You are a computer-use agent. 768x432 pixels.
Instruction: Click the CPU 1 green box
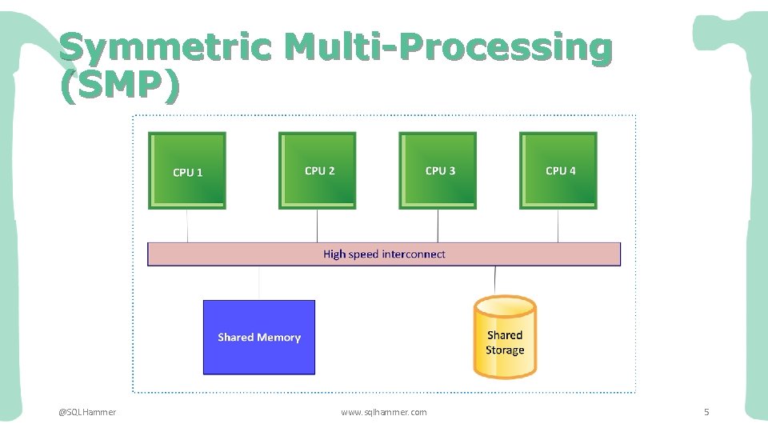(187, 170)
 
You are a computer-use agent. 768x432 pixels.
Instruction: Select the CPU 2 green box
(318, 170)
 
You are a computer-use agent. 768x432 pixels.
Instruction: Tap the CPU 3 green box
(438, 170)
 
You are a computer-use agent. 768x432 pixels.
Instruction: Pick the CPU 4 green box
(558, 170)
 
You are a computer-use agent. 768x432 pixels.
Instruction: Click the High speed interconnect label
(384, 254)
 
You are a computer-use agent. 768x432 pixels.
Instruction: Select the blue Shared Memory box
(259, 338)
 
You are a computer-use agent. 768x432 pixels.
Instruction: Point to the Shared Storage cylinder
(505, 337)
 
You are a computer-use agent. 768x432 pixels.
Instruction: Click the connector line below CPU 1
(187, 226)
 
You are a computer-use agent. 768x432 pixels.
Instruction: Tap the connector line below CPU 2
(318, 226)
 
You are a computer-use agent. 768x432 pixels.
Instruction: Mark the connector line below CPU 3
(438, 226)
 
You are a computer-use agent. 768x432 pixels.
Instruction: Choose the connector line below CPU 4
(558, 226)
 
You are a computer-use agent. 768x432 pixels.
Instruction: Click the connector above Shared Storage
(495, 280)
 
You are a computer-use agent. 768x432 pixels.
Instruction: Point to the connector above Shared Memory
(259, 283)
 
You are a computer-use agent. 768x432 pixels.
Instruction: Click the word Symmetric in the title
(166, 48)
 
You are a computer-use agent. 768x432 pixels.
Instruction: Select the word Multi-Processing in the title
(448, 48)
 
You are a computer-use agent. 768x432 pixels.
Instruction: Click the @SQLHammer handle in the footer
(87, 412)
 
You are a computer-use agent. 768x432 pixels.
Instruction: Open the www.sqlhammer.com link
(384, 412)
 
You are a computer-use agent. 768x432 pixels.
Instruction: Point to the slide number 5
(706, 412)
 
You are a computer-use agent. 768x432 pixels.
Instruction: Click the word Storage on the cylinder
(505, 350)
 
